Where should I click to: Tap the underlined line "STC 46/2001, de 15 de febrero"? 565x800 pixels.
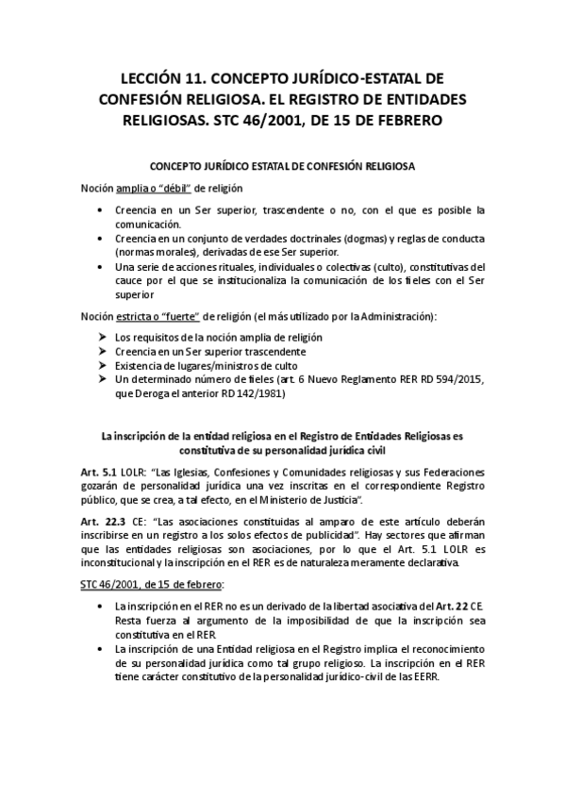151,586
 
